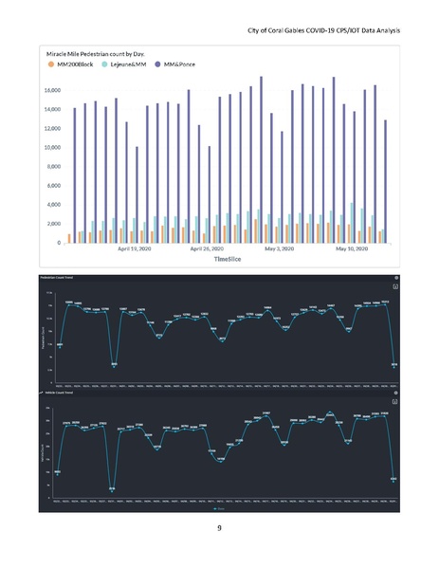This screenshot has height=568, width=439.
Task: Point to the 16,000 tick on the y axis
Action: click(x=50, y=90)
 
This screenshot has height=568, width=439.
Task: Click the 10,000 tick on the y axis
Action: click(x=50, y=148)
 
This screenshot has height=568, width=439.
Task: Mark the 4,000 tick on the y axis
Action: click(x=52, y=205)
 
